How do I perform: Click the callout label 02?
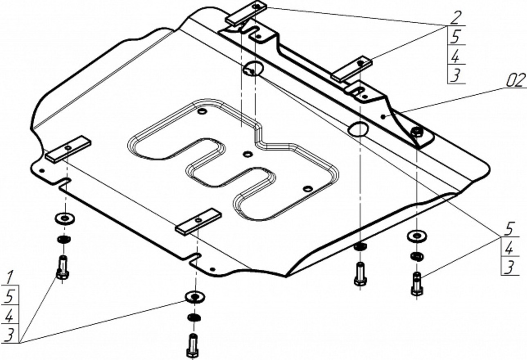tap(514, 81)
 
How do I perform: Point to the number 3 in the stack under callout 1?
tap(9, 334)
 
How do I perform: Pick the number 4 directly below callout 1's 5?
tap(9, 315)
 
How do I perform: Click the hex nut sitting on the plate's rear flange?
tap(416, 132)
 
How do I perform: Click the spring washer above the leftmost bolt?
tap(63, 239)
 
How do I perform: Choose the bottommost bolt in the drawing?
tap(193, 346)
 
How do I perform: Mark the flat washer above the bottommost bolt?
tap(195, 296)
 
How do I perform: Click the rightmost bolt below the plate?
tap(417, 283)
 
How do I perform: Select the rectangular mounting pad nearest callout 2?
tap(352, 69)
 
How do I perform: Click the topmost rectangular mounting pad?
tap(246, 13)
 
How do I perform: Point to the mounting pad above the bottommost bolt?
tap(198, 221)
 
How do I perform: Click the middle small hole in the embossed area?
tap(247, 154)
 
